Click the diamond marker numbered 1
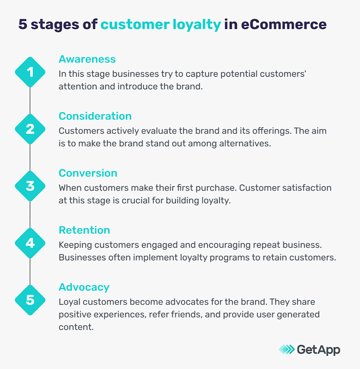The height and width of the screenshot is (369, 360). [x=30, y=72]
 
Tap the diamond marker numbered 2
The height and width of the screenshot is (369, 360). [x=30, y=129]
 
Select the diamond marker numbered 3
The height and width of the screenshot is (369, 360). [x=30, y=186]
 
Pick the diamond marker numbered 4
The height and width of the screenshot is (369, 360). [x=30, y=243]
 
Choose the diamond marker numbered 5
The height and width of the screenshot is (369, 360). [x=30, y=300]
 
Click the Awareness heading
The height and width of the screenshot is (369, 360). [x=87, y=59]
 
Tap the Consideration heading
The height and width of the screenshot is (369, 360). [x=95, y=116]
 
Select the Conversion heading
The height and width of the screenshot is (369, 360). [x=88, y=173]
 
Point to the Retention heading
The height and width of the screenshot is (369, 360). [x=84, y=230]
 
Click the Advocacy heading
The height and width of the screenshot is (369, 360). [x=84, y=287]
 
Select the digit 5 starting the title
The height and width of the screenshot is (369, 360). [x=22, y=24]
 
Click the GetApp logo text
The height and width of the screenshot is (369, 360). [x=318, y=350]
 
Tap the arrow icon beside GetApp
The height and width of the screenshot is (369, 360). [x=287, y=350]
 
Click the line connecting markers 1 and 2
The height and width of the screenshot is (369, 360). [x=30, y=100]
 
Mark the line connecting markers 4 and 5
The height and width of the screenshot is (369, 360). [x=30, y=271]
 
